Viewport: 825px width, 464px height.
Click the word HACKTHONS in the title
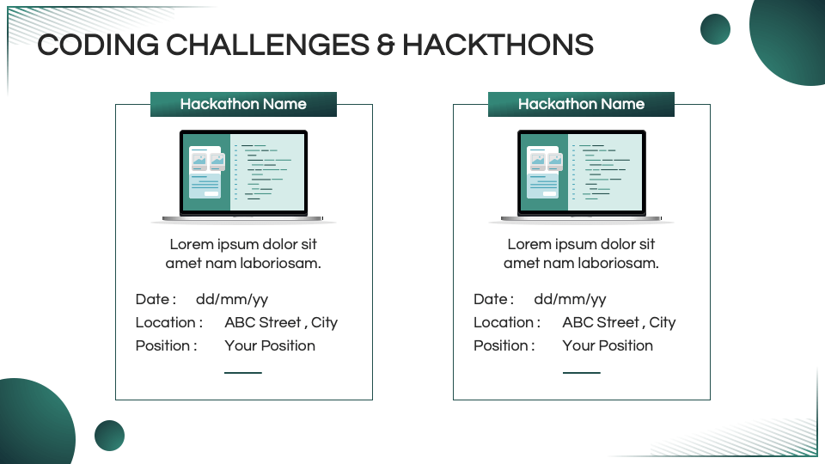498,45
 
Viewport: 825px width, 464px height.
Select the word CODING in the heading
98,45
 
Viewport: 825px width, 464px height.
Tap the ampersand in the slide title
386,45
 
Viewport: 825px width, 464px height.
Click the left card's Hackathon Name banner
243,104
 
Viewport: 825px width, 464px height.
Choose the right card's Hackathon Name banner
582,104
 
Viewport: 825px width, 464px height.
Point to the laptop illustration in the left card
243,176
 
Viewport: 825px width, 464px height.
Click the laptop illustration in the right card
582,176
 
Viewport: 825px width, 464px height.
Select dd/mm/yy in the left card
232,299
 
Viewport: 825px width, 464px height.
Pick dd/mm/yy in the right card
570,299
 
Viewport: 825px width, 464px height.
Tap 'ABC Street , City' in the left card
281,322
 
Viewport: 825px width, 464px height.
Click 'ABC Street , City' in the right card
619,322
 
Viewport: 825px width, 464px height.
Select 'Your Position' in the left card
270,345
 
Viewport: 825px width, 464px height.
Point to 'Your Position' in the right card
608,345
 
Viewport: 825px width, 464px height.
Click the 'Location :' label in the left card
169,322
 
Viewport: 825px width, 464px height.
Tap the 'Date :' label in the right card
493,299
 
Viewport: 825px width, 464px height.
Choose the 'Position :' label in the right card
504,345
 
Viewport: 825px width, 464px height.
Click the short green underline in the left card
243,372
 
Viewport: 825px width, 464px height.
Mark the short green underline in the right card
582,372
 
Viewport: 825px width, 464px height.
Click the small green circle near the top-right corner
716,29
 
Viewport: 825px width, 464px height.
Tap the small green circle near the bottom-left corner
109,436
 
